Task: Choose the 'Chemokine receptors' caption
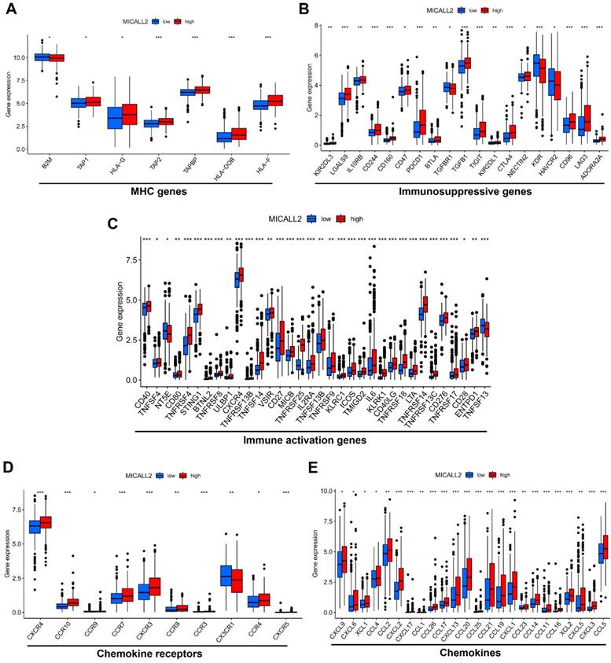coord(155,654)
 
